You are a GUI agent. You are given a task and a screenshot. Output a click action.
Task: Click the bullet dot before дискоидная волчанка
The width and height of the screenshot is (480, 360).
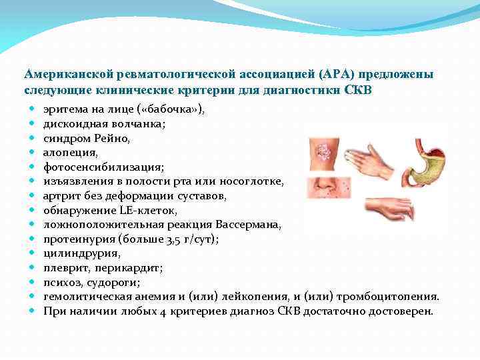31,123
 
